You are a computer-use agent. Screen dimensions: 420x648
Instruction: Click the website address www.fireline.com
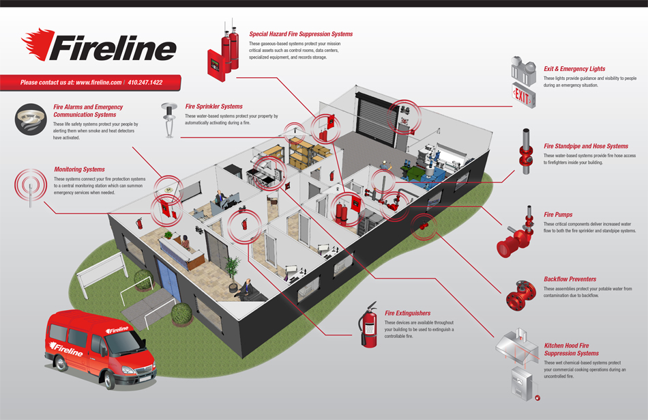tap(98, 83)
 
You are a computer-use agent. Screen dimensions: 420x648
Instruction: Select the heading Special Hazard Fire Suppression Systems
tap(301, 34)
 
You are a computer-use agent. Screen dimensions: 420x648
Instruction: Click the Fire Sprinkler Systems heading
tap(213, 107)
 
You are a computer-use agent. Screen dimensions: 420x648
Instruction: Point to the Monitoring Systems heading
tap(79, 169)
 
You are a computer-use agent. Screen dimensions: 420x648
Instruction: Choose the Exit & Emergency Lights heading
tap(574, 69)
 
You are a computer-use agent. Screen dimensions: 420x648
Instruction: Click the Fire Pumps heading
tap(558, 214)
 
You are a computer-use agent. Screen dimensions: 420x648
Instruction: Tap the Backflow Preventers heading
tap(570, 279)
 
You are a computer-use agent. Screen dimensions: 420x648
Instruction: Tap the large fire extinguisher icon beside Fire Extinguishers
tap(369, 326)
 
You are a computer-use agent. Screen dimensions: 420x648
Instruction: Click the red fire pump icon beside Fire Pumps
tap(515, 236)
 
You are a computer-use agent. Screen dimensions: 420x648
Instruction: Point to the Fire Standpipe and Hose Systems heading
tap(585, 146)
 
